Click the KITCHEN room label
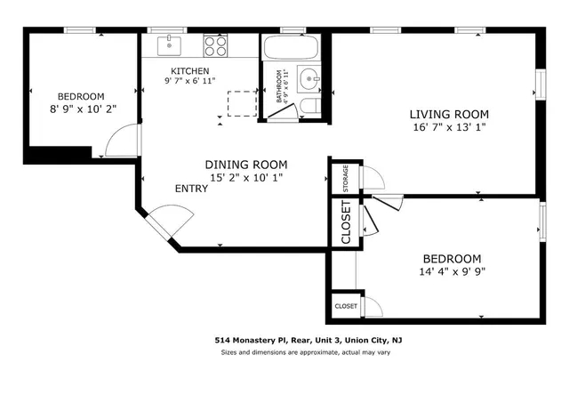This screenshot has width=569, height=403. coord(190,71)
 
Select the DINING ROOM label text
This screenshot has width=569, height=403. coord(246,165)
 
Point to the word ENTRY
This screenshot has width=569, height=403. coord(192,189)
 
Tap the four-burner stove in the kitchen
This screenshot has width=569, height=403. coord(215,45)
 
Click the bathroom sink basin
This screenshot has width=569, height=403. coord(310,79)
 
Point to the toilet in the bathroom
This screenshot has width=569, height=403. coord(309,108)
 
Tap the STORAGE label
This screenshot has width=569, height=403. coord(345,177)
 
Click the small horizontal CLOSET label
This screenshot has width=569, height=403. coord(346,306)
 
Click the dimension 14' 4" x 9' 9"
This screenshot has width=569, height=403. coord(453,271)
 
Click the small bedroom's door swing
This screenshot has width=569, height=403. coord(122,141)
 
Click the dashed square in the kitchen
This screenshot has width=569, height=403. coord(242,104)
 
